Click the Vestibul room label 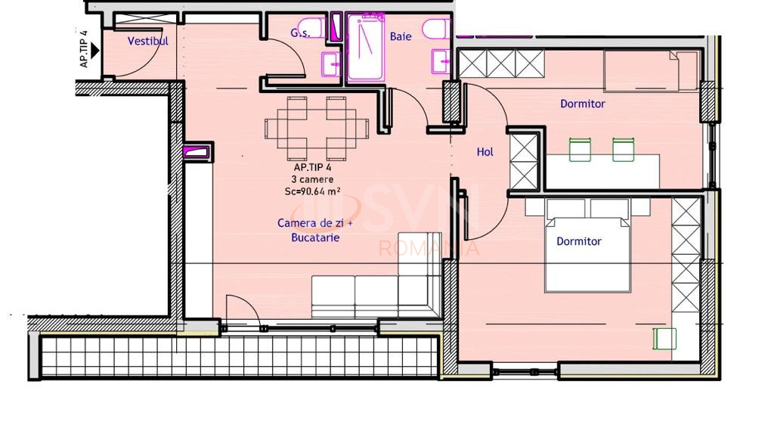(147, 41)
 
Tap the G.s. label (300, 33)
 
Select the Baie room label (401, 36)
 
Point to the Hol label (485, 152)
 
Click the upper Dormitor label (583, 104)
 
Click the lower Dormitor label (579, 241)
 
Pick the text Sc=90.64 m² (312, 191)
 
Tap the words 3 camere (312, 179)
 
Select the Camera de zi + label (315, 223)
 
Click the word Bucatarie (315, 237)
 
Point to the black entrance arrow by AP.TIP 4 (95, 51)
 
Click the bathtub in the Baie (365, 48)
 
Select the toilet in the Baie (436, 29)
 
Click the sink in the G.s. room (331, 64)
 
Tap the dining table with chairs (317, 129)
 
